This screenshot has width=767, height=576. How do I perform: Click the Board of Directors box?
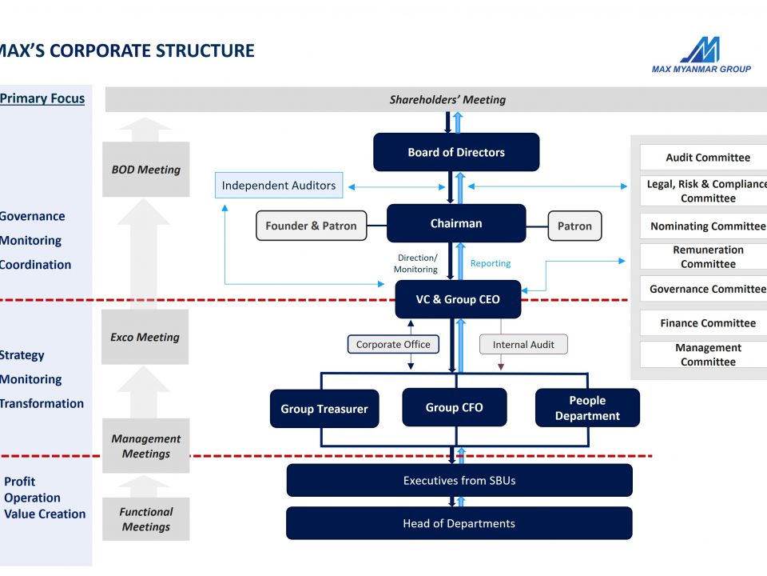click(456, 152)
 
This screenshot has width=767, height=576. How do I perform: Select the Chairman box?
click(456, 223)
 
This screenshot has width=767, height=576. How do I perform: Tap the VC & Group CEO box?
click(458, 299)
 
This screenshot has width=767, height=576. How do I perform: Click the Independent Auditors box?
click(279, 185)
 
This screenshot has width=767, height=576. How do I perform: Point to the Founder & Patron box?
click(311, 226)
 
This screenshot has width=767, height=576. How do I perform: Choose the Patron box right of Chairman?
click(574, 226)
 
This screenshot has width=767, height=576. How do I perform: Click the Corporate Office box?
click(393, 344)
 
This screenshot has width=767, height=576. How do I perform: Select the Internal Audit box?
click(523, 344)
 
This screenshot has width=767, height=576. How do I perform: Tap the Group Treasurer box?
click(324, 409)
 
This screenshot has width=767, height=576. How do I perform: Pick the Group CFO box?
click(455, 407)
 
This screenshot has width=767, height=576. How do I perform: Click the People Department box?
click(587, 407)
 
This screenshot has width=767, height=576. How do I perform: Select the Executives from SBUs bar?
click(459, 481)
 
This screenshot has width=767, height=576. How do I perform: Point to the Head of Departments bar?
click(459, 523)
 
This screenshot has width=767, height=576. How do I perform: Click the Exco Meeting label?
click(145, 337)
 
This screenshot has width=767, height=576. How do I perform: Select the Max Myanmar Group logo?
click(701, 55)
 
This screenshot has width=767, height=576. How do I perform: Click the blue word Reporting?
click(491, 263)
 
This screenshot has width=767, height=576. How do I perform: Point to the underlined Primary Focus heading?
click(42, 98)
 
